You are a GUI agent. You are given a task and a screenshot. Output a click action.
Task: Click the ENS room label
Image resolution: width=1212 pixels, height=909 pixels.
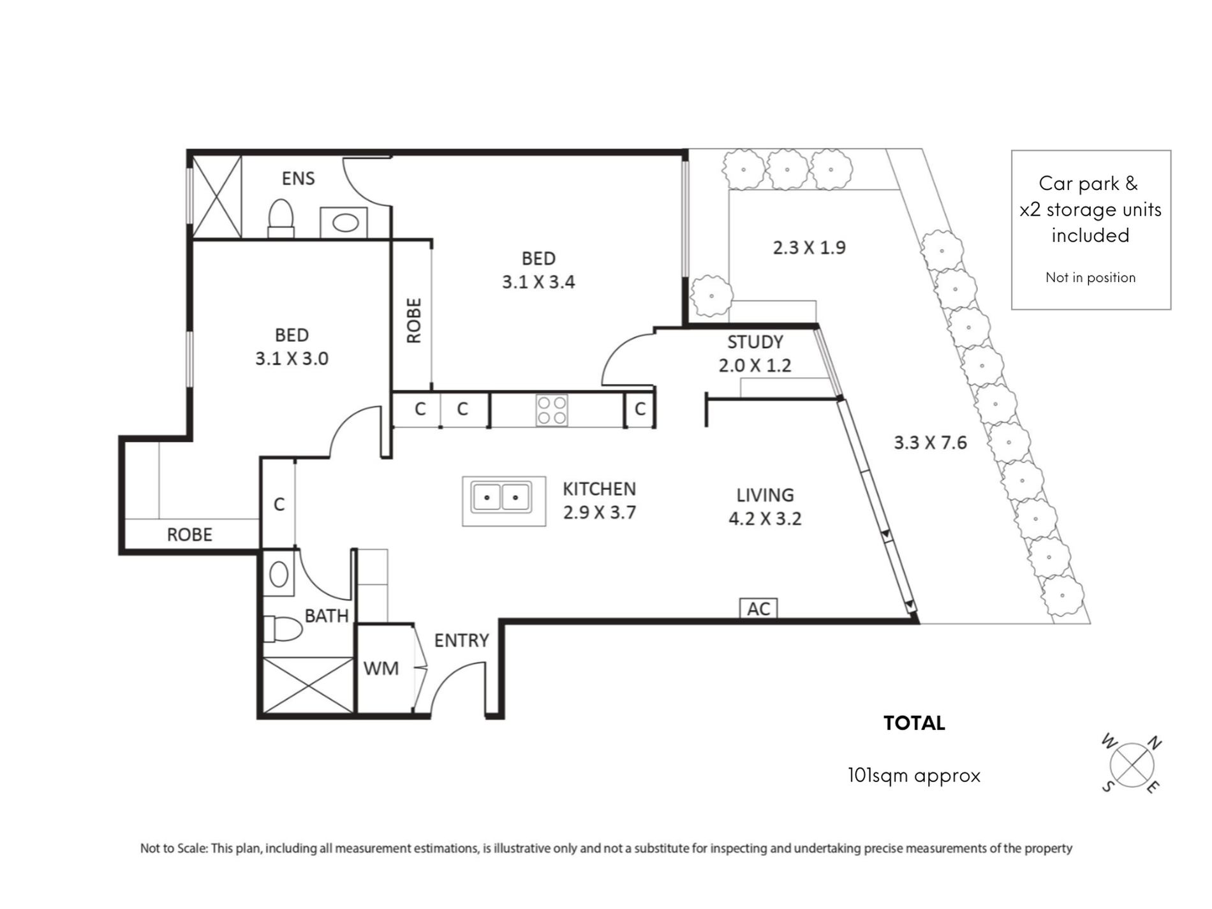(x=298, y=178)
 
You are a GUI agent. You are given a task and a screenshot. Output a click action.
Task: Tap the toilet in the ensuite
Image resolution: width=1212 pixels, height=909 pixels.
(x=281, y=218)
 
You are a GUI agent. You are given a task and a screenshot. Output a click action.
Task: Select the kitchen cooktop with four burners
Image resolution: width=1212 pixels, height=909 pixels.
(x=552, y=411)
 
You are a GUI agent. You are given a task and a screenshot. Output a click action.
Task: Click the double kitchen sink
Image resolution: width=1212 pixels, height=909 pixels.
(x=501, y=498)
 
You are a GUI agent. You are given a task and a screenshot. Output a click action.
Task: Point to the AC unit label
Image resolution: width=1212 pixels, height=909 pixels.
(x=758, y=609)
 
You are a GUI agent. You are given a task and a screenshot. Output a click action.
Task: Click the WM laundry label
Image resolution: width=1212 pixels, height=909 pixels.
(x=381, y=668)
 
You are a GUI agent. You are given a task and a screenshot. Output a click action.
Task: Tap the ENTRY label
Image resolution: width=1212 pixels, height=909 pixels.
(x=461, y=640)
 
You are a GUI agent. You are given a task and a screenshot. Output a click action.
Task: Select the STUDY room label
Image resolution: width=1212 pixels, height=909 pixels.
(x=755, y=342)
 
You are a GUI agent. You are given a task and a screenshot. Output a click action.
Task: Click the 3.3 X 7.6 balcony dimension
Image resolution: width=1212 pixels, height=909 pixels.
(x=930, y=442)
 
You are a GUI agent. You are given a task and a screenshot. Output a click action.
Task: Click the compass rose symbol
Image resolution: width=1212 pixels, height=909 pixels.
(x=1132, y=764)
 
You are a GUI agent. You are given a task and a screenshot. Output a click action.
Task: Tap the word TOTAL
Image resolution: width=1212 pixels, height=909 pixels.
(x=914, y=723)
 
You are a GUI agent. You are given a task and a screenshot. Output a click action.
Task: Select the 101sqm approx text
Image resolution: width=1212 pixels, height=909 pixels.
(x=913, y=775)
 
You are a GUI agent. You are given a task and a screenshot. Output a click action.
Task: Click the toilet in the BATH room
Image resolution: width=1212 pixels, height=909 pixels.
(x=282, y=629)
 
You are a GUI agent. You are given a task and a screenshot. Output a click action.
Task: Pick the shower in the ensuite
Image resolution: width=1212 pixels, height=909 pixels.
(x=217, y=197)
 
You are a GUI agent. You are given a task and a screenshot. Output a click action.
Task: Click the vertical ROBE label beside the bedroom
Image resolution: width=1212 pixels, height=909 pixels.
(x=414, y=320)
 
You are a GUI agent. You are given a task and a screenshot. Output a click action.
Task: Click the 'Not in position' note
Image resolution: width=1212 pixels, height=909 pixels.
(x=1090, y=277)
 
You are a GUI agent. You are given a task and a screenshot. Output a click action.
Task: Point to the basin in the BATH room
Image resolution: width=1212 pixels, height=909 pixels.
(x=279, y=574)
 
